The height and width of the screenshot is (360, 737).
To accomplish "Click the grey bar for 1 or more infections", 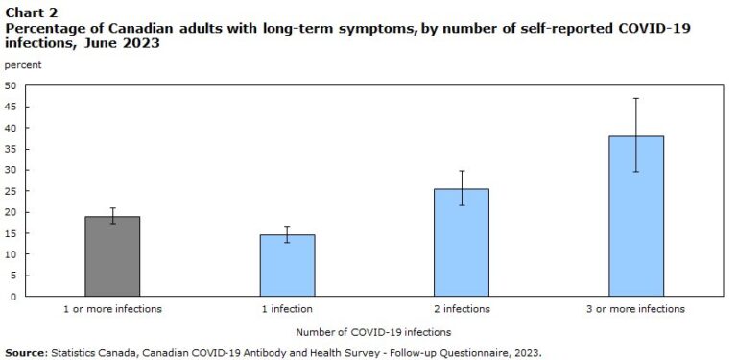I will (112, 256).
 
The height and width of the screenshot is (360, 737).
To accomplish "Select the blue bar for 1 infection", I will (287, 266).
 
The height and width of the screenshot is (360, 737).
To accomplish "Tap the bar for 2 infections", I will (462, 243).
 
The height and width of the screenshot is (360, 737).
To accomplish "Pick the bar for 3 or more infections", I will (636, 216).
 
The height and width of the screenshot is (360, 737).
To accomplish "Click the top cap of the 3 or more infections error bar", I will (636, 98).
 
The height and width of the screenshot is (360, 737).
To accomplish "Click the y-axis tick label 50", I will (11, 85).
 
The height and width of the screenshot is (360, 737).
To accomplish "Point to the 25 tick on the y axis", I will (11, 191).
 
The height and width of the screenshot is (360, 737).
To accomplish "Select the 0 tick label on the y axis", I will (13, 297).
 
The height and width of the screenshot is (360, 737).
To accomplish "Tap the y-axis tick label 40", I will (11, 128).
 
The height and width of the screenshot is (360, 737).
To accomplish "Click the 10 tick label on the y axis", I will (11, 254).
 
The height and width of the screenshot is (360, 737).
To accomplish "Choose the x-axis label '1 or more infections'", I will (112, 309).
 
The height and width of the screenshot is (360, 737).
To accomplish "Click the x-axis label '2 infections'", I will (462, 309).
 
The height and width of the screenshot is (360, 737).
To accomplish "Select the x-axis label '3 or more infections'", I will (636, 309).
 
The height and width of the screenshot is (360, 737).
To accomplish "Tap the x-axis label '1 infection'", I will (287, 309).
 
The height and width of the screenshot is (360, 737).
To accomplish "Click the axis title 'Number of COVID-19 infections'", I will (373, 332).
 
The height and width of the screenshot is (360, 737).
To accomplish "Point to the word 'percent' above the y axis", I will (23, 64).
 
